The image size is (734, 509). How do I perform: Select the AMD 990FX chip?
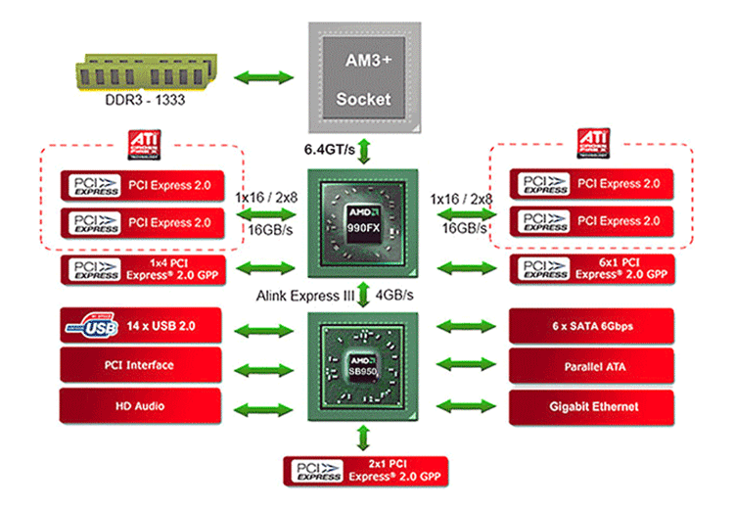[363, 221]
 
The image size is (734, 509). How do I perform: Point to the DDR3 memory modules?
[144, 75]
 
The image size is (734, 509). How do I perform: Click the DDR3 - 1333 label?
[144, 105]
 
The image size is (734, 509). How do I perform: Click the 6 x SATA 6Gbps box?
[587, 324]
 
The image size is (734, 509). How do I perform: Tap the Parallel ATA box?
[587, 365]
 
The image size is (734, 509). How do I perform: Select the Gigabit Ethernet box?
[587, 405]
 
